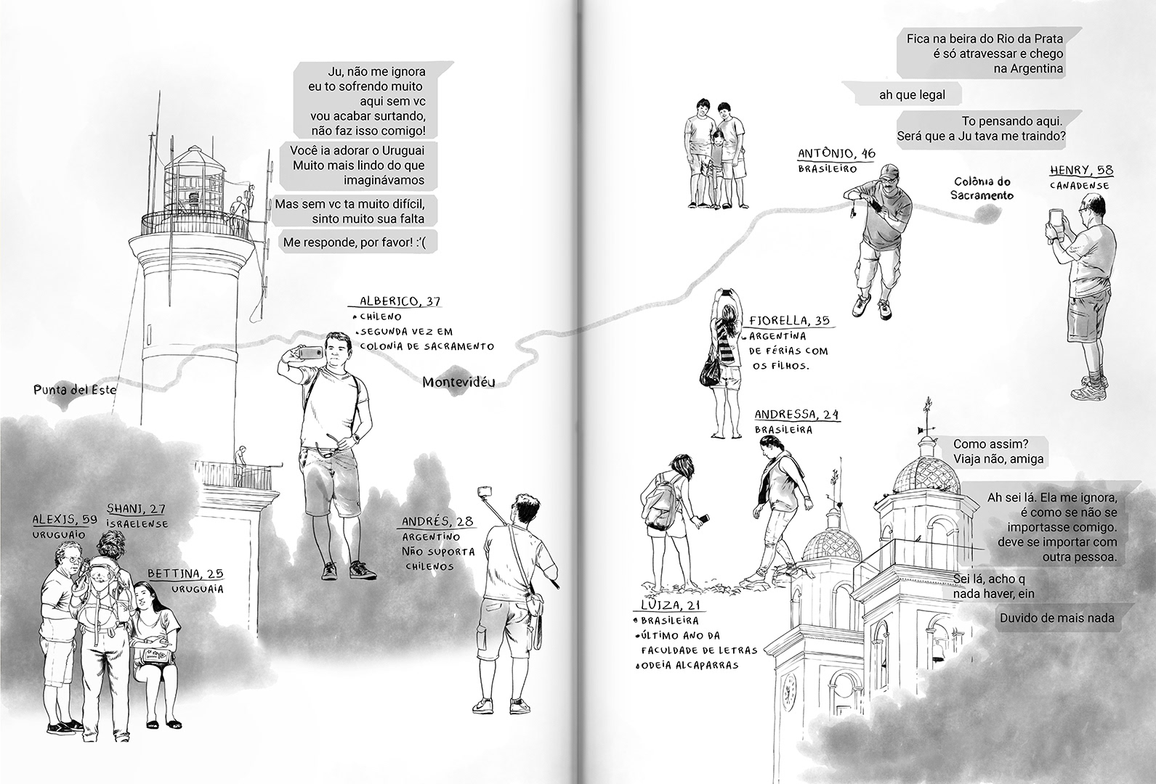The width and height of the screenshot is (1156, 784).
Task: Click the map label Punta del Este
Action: [x=74, y=390]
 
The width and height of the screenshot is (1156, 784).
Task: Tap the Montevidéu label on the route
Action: [x=458, y=382]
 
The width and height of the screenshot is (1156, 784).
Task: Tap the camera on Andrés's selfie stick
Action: [x=482, y=493]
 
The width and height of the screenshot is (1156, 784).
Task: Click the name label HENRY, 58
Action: [x=1081, y=171]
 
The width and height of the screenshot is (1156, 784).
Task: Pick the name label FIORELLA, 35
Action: [x=788, y=320]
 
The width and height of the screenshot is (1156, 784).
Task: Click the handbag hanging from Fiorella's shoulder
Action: [x=710, y=371]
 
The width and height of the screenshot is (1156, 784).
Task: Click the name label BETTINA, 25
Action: [x=184, y=573]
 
